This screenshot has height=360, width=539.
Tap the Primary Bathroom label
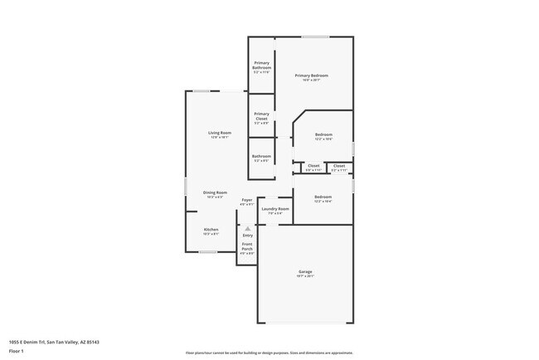click(262, 66)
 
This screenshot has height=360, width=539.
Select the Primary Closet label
click(261, 116)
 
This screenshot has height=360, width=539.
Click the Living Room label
click(219, 133)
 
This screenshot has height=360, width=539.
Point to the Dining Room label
click(216, 192)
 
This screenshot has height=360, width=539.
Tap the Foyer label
click(247, 200)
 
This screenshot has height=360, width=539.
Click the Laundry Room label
click(274, 209)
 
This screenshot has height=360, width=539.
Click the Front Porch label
click(247, 246)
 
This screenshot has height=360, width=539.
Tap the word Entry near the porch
click(247, 235)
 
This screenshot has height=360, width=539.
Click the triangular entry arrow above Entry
click(247, 227)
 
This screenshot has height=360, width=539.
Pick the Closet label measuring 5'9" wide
click(313, 166)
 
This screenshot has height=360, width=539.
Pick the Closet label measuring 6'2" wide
click(339, 166)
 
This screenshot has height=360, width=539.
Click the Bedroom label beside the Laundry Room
click(323, 197)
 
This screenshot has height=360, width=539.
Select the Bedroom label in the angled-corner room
click(323, 134)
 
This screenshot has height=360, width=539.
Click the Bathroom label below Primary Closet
click(262, 156)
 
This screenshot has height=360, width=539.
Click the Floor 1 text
click(17, 351)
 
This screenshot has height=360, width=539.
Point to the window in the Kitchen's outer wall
click(208, 252)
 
